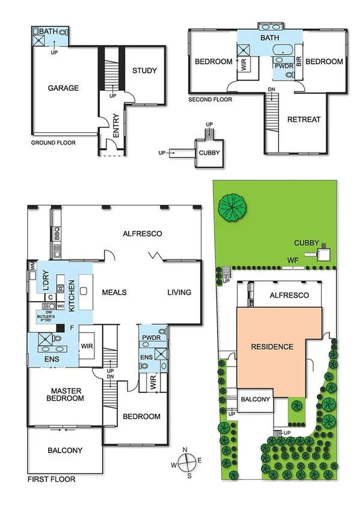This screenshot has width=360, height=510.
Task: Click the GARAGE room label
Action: pos(63,88)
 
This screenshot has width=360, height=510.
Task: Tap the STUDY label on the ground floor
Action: pos(144,70)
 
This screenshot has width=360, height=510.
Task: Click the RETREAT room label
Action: pos(304,119)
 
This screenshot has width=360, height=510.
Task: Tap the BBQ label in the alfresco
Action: pos(58,232)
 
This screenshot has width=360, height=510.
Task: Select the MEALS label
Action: pos(114,292)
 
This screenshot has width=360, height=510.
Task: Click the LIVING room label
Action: pos(179,292)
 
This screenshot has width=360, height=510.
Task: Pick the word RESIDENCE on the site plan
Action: pos(272,346)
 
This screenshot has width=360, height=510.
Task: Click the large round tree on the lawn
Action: pos(233,206)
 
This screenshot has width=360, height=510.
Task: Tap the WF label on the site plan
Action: pos(293,260)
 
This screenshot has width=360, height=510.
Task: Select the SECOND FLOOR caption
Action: pos(210,99)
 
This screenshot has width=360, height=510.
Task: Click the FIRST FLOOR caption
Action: pos(51,480)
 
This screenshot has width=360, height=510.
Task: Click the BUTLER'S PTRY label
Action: pos(48,315)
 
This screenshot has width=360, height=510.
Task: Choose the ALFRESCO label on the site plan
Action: pos(288,295)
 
